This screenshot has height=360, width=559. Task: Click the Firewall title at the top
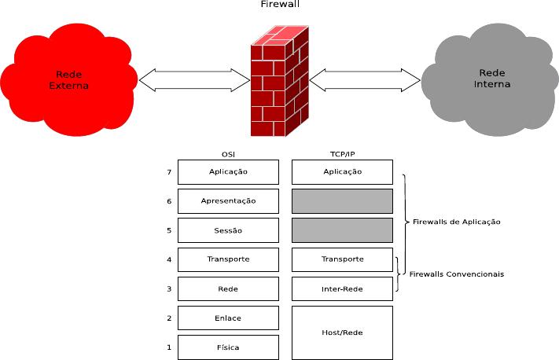point(280,5)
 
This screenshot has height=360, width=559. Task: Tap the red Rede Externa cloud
point(69,79)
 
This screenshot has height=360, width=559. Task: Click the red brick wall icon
point(279,80)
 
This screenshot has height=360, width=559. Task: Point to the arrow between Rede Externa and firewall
point(195,79)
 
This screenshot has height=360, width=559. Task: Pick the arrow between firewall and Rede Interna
point(366,79)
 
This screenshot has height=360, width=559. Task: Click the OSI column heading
point(229,154)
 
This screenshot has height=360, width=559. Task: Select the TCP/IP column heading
point(342,154)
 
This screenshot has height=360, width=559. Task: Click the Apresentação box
point(229,200)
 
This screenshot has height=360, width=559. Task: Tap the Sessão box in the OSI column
point(229,230)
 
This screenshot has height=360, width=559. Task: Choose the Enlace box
point(229,318)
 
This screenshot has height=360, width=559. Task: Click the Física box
point(229,347)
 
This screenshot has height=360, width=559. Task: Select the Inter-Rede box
point(342,288)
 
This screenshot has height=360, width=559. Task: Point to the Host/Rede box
point(342,332)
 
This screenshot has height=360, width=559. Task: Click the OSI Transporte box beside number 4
point(229,259)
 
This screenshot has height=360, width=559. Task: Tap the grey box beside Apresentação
point(342,200)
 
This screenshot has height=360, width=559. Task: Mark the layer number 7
point(169,171)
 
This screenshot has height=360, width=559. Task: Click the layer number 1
point(169,347)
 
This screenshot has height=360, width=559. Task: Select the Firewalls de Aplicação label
point(456,222)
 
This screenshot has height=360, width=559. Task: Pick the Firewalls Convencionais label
point(457,274)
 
